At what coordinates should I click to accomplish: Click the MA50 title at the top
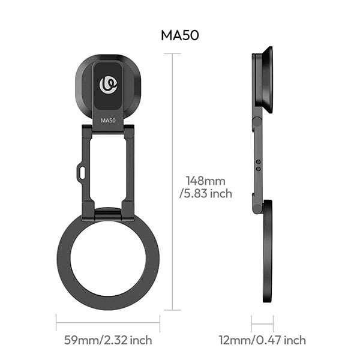click(x=180, y=35)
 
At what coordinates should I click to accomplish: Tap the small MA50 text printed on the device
click(x=108, y=121)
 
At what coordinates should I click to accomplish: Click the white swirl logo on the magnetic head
click(x=108, y=85)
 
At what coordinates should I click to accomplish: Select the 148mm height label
click(x=205, y=181)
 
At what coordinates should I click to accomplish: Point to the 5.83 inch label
click(x=206, y=194)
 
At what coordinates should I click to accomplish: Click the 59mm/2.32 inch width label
click(x=108, y=340)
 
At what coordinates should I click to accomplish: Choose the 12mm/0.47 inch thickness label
click(x=262, y=340)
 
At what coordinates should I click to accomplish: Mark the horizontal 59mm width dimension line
click(x=108, y=323)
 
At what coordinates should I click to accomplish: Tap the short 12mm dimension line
click(x=262, y=324)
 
